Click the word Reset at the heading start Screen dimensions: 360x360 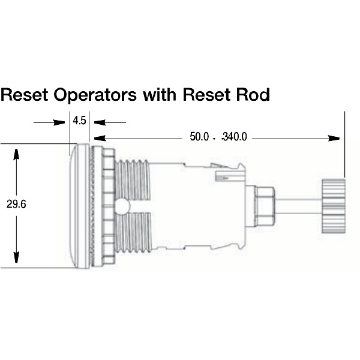pos(25,95)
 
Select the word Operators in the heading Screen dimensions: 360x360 pos(95,95)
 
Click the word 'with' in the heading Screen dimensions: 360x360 pos(160,94)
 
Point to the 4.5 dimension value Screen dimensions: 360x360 pos(79,121)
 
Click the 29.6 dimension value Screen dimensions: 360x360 pos(16,204)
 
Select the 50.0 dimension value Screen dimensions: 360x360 pos(199,137)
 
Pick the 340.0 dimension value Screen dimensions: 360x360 pos(235,137)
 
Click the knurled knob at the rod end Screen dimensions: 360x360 pos(334,206)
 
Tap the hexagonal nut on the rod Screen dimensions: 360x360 pos(265,206)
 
